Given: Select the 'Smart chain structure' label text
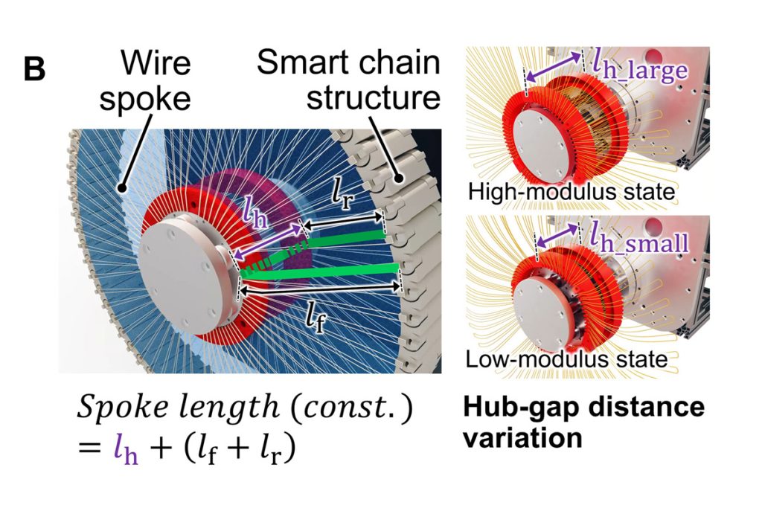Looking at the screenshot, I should point(348,80).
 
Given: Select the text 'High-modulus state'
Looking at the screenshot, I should point(571,193).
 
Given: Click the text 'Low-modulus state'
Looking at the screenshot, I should point(566,360).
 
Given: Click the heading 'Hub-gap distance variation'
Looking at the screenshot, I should point(583,422).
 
